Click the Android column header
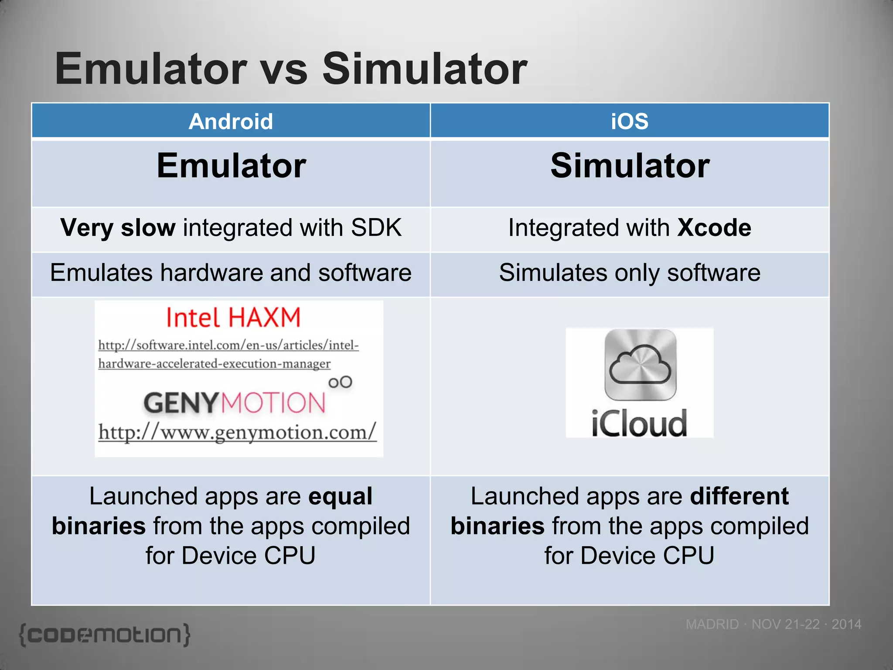pyautogui.click(x=231, y=121)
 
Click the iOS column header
pyautogui.click(x=629, y=121)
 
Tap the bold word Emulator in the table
pyautogui.click(x=231, y=166)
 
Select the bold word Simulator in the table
pyautogui.click(x=630, y=166)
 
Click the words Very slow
pyautogui.click(x=118, y=228)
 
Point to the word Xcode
pyautogui.click(x=714, y=228)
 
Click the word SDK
pyautogui.click(x=376, y=228)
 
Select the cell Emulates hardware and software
pyautogui.click(x=231, y=273)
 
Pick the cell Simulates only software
pyautogui.click(x=629, y=273)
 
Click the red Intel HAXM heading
pyautogui.click(x=233, y=318)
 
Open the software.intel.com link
pyautogui.click(x=228, y=354)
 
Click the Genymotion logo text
pyautogui.click(x=235, y=402)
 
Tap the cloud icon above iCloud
pyautogui.click(x=640, y=365)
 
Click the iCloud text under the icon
pyautogui.click(x=639, y=423)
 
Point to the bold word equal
pyautogui.click(x=340, y=496)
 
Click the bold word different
pyautogui.click(x=739, y=496)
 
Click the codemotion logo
pyautogui.click(x=105, y=635)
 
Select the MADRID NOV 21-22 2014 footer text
pyautogui.click(x=773, y=624)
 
